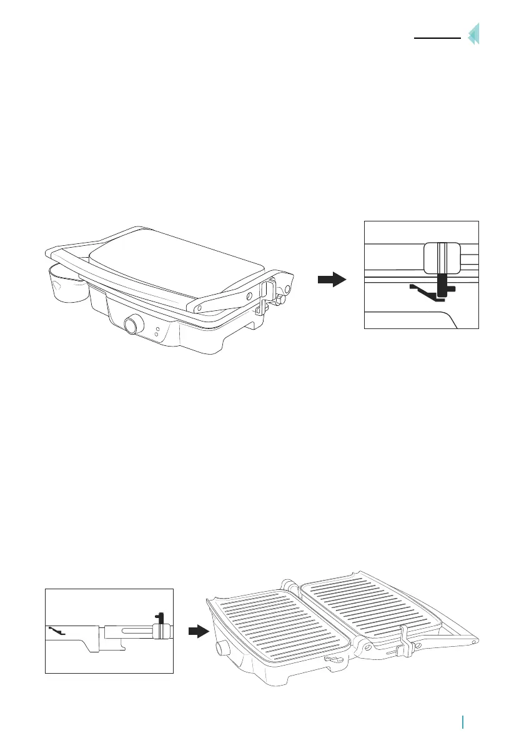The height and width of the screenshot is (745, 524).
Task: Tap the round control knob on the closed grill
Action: pyautogui.click(x=132, y=325)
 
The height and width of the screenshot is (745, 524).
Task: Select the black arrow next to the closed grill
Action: pyautogui.click(x=331, y=280)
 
